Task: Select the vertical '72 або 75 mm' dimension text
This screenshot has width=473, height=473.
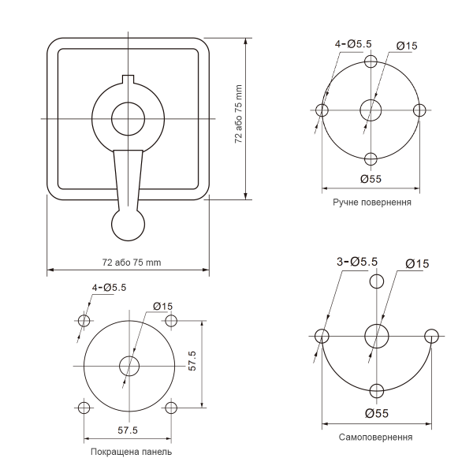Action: [239, 114]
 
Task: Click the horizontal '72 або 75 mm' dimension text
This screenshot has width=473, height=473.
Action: [132, 263]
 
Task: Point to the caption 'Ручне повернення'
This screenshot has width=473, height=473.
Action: [372, 202]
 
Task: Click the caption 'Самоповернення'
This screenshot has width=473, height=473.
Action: [375, 437]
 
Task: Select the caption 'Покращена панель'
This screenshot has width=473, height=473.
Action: [131, 452]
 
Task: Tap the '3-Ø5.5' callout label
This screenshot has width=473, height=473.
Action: [357, 262]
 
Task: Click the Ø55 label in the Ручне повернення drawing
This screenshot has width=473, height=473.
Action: [371, 179]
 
